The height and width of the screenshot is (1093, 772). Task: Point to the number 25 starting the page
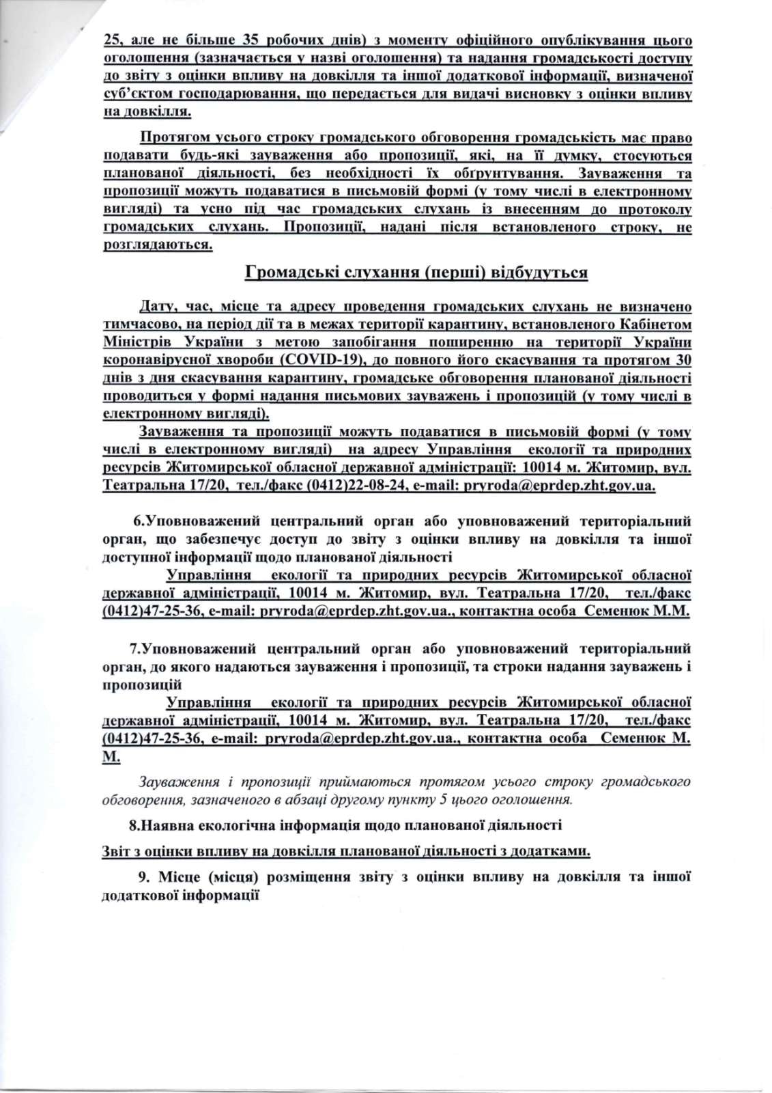point(113,38)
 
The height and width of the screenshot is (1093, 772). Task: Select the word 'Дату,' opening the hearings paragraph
point(158,307)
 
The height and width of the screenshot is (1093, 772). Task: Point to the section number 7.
point(136,648)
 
